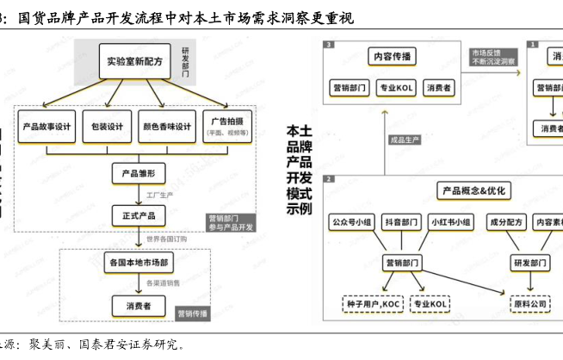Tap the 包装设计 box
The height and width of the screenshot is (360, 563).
pyautogui.click(x=108, y=126)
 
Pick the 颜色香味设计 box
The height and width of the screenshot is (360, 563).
pyautogui.click(x=166, y=126)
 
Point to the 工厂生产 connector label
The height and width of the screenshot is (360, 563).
pyautogui.click(x=160, y=196)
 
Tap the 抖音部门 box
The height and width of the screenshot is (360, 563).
pyautogui.click(x=402, y=222)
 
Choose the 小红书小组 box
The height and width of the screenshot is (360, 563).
pyautogui.click(x=451, y=222)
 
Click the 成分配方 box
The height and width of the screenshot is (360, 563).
pyautogui.click(x=505, y=222)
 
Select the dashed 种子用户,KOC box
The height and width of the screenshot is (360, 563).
pyautogui.click(x=368, y=304)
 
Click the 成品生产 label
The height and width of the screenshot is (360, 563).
pyautogui.click(x=405, y=139)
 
